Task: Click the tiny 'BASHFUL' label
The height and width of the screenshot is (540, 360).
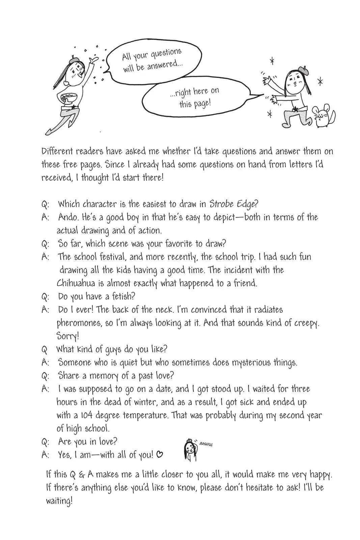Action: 206,444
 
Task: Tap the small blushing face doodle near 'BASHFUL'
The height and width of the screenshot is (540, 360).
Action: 190,450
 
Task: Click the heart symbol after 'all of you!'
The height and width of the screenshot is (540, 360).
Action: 160,455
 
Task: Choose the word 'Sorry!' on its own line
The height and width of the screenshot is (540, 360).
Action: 68,336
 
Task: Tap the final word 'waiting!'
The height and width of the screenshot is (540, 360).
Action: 59,501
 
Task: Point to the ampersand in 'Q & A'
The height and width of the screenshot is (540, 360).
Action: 82,475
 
